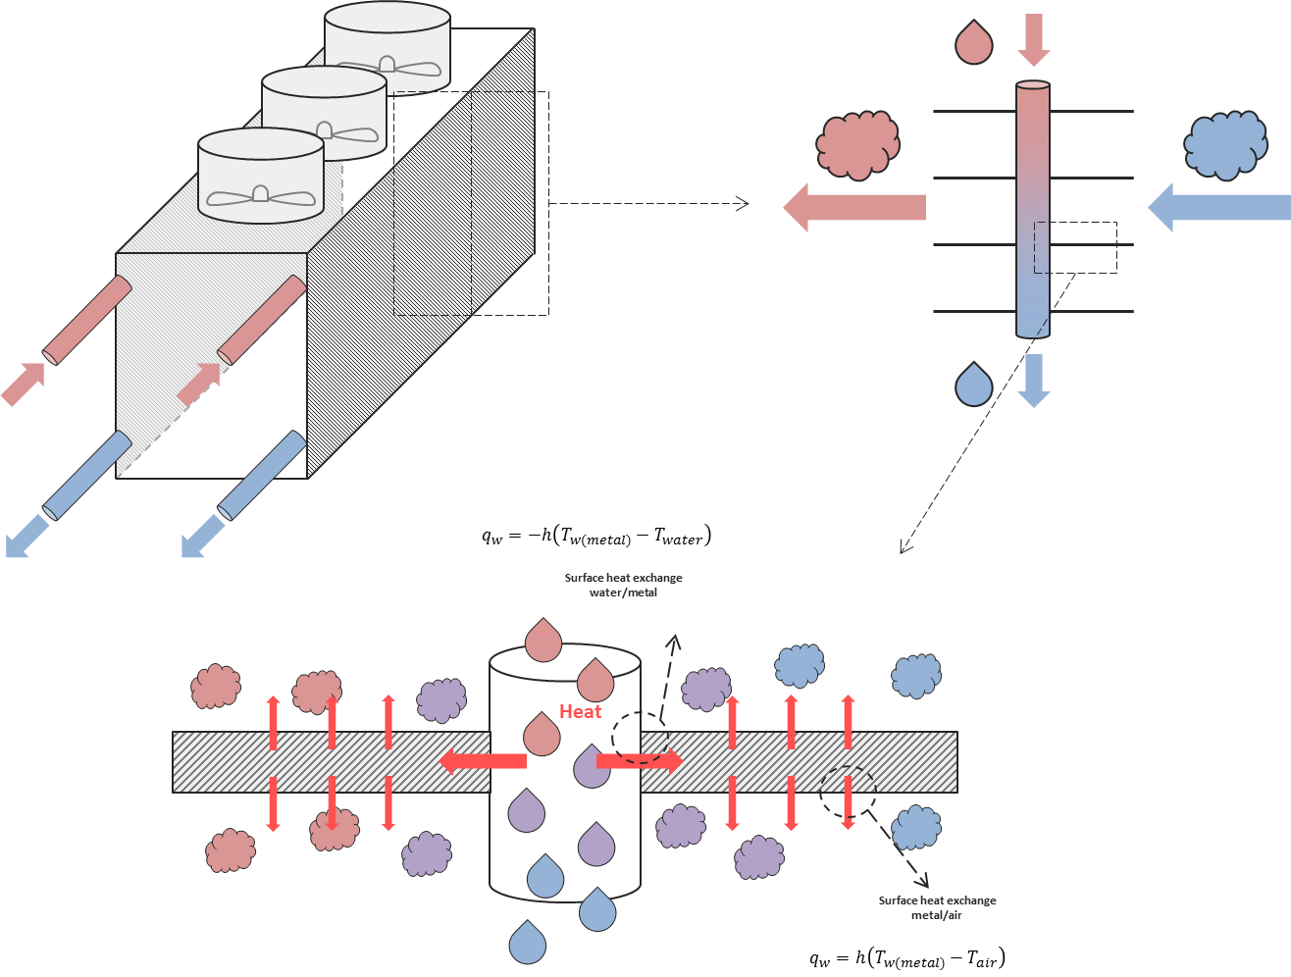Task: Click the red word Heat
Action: (x=580, y=711)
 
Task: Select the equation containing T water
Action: (x=595, y=536)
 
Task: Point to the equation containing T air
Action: (x=907, y=958)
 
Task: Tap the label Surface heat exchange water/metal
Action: (x=623, y=585)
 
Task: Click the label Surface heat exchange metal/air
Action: (x=937, y=907)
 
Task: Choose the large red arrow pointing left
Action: (x=854, y=207)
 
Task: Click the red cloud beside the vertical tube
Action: (x=857, y=146)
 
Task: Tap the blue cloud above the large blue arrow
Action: (x=1225, y=145)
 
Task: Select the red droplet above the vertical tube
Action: (x=973, y=43)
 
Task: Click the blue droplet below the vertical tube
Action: (x=973, y=385)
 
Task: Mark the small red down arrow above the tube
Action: (x=1034, y=39)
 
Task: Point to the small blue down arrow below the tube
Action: (x=1034, y=381)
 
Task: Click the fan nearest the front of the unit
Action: (x=261, y=194)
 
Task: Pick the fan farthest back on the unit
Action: (x=387, y=65)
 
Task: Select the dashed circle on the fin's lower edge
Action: (x=848, y=792)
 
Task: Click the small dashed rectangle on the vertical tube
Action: (x=1075, y=247)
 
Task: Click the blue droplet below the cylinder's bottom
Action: (x=527, y=943)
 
